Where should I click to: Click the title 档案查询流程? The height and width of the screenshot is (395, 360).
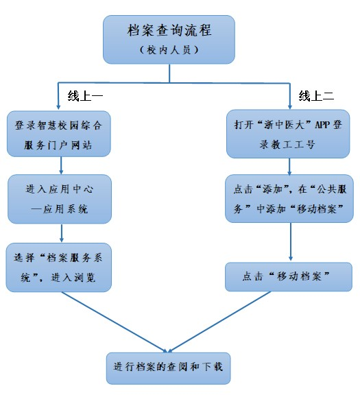[x=169, y=30]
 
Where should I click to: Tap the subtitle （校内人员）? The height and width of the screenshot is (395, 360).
[x=169, y=49]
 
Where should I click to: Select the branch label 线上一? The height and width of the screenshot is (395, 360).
[x=85, y=96]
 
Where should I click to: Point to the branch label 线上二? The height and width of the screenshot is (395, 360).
[x=316, y=96]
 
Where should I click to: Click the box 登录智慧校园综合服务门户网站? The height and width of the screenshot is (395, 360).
[x=59, y=134]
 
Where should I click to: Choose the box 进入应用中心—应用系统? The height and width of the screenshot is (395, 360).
[x=60, y=199]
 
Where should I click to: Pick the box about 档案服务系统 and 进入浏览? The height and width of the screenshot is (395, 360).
[x=59, y=267]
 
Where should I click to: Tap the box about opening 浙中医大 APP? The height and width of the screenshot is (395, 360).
[x=288, y=134]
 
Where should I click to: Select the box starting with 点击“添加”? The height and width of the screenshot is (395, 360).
[x=289, y=198]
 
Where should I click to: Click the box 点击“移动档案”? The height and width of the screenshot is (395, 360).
[x=289, y=276]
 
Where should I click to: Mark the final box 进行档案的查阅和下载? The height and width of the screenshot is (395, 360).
[x=168, y=368]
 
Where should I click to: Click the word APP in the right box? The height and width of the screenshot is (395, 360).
[x=322, y=125]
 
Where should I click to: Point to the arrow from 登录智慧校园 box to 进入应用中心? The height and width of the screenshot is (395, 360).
[x=61, y=165]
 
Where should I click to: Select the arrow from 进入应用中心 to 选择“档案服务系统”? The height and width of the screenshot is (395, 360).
[x=62, y=233]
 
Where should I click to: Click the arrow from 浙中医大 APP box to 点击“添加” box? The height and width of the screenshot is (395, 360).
[x=289, y=167]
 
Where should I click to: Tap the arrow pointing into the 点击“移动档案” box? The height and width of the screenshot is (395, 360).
[x=291, y=242]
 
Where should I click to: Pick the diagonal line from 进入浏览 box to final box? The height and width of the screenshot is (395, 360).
[x=115, y=322]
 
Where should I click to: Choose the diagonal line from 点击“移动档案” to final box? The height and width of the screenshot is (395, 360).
[x=219, y=322]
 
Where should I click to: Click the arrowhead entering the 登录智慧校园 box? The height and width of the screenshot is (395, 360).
[x=58, y=107]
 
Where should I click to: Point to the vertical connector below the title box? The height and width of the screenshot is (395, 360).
[x=169, y=73]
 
